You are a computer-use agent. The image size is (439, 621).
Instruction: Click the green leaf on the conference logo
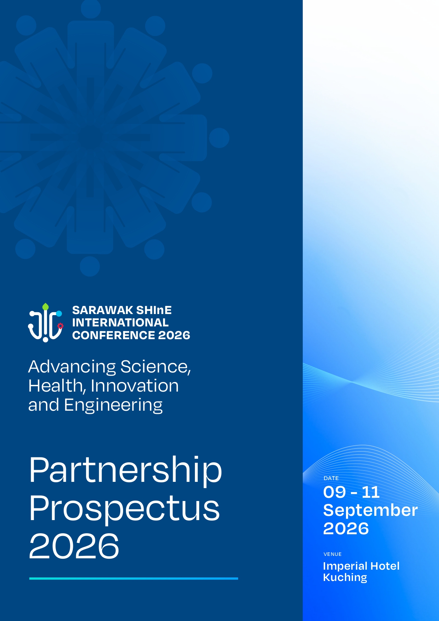click(46, 307)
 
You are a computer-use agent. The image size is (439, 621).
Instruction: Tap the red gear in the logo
click(60, 326)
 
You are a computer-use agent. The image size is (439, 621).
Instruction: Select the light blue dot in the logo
click(59, 313)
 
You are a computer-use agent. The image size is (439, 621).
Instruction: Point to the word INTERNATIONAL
click(120, 323)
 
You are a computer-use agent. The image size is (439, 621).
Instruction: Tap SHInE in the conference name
click(154, 310)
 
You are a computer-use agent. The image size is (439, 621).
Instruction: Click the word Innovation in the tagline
click(135, 386)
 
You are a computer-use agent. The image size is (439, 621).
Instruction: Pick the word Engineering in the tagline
click(113, 405)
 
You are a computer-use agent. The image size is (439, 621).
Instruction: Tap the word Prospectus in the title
click(124, 508)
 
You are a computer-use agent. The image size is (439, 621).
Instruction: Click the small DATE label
click(331, 478)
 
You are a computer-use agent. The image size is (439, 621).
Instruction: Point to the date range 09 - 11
click(351, 492)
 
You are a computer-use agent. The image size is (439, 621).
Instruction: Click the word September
click(370, 511)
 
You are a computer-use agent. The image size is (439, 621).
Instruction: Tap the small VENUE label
click(333, 554)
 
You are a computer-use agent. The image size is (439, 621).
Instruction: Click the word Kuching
click(345, 577)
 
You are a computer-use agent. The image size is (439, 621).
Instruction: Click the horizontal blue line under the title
click(133, 579)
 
